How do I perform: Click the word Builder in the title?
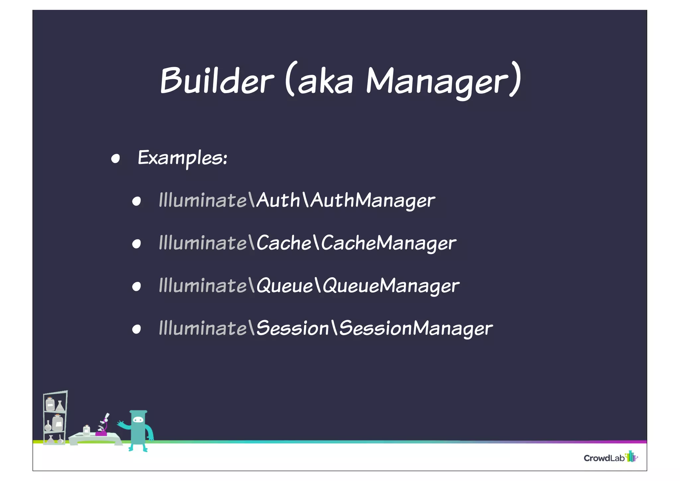coord(217,81)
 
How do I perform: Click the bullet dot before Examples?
coord(115,159)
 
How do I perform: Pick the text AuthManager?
coord(373,200)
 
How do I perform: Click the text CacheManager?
coord(388,243)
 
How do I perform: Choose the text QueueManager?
coord(391,286)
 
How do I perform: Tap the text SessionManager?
coord(416,328)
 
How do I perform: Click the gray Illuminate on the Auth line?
coord(203,200)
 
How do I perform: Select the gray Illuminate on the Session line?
coord(203,328)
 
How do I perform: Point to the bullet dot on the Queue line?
coord(136,287)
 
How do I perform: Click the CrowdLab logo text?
coord(604,458)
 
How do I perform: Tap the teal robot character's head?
coord(138,420)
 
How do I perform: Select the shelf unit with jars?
coord(55,418)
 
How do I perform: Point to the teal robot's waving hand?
coord(120,423)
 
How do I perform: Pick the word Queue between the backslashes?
coord(285,286)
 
